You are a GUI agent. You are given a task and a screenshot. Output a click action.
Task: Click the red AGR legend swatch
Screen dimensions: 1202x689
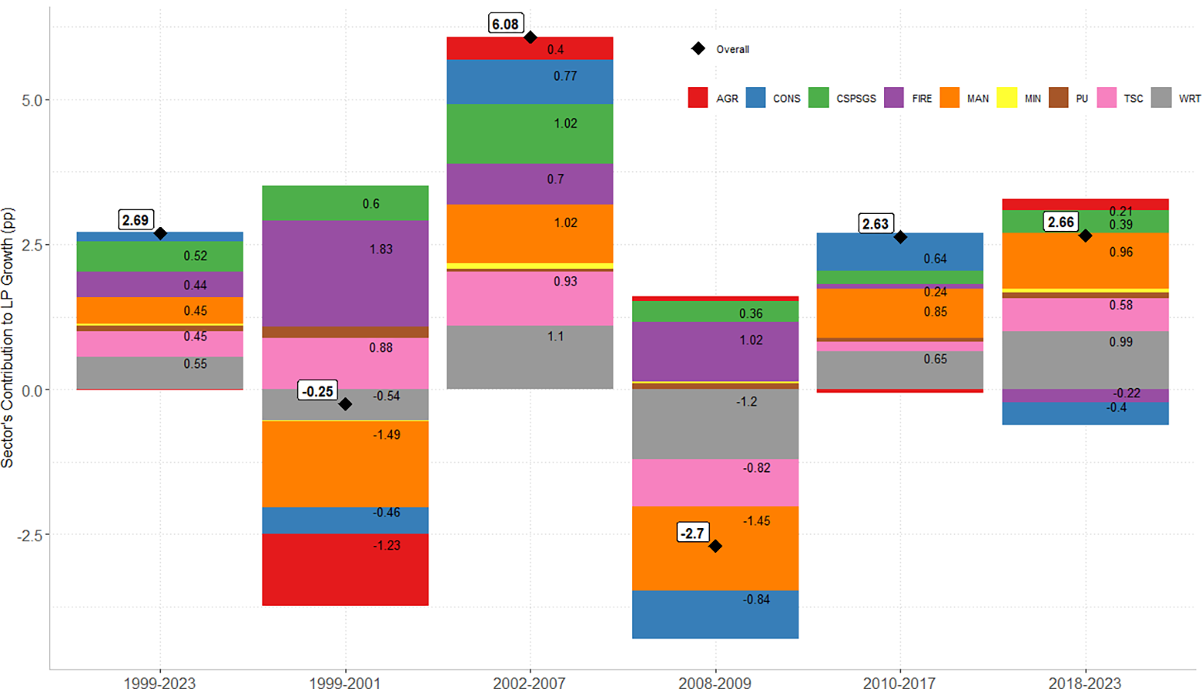(697, 98)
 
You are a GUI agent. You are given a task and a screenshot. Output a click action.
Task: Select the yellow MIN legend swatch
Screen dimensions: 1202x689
(1007, 98)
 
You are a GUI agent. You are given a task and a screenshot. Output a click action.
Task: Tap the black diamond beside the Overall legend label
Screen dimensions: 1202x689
(698, 49)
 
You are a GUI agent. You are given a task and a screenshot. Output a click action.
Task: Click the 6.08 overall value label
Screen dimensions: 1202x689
(505, 24)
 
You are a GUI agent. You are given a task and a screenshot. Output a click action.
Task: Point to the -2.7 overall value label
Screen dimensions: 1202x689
(693, 533)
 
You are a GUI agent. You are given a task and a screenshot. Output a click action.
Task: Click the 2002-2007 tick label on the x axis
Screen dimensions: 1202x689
(529, 683)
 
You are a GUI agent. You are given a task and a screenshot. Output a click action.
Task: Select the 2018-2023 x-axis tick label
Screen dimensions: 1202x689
(1085, 683)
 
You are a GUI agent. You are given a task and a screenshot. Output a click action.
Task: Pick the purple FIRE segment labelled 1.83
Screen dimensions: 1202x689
(345, 273)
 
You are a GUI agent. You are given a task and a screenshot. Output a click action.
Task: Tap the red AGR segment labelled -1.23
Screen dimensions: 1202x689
(345, 569)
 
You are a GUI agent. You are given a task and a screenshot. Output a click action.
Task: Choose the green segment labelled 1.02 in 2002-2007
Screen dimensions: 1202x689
(529, 134)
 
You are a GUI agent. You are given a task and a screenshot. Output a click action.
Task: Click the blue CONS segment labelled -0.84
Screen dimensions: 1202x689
(715, 614)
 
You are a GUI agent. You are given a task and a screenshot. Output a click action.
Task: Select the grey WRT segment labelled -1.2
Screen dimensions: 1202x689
(715, 424)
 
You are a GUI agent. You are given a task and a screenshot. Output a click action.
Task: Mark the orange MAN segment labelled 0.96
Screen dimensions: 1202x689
(1085, 261)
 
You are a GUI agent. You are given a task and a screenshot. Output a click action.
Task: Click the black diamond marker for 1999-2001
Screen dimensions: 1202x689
(345, 404)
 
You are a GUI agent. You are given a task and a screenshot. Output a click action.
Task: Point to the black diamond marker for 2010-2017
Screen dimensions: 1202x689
(900, 237)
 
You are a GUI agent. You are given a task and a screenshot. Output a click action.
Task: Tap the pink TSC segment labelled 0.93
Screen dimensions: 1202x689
(529, 299)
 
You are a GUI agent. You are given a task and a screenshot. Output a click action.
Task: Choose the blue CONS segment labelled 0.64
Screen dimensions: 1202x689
(900, 252)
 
